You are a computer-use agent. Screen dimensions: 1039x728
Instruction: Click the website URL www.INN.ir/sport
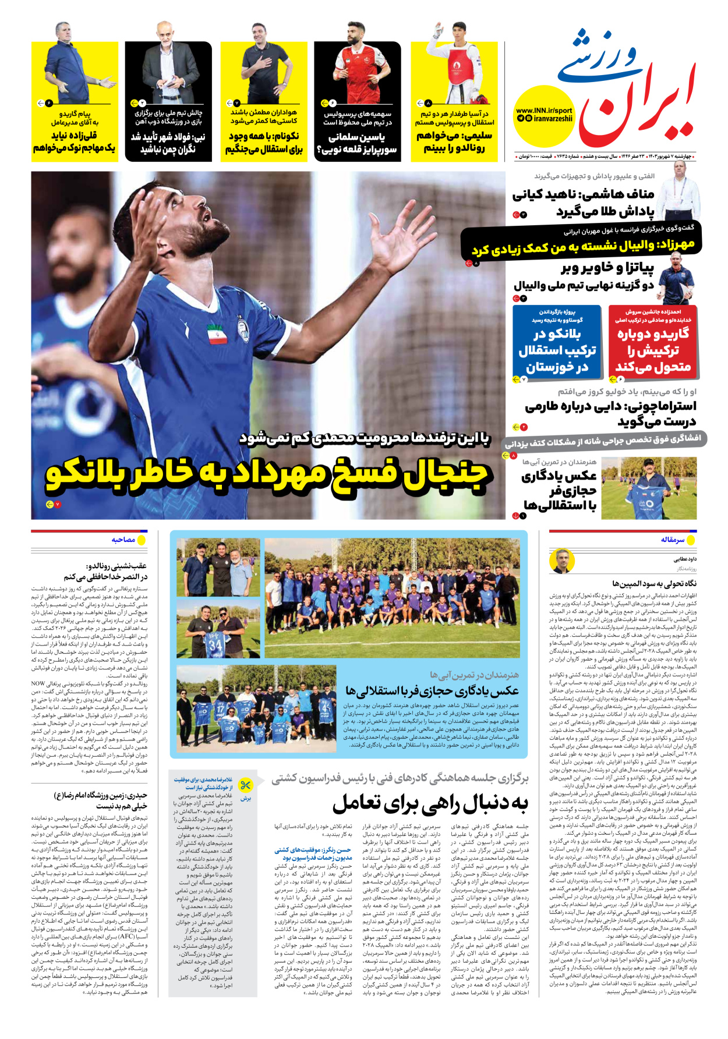click(x=544, y=111)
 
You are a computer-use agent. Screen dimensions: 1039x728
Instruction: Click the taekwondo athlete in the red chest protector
click(x=454, y=64)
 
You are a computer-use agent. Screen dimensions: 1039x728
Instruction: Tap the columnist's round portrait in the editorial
click(x=561, y=561)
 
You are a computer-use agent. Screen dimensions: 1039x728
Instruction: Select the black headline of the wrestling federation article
click(x=430, y=804)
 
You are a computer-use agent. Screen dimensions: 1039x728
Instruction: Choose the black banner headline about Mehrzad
click(x=582, y=247)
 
